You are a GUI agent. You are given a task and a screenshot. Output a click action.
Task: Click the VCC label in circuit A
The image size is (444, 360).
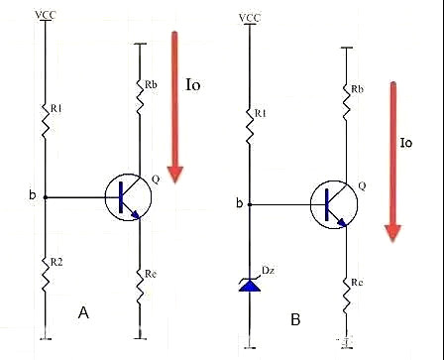(45, 14)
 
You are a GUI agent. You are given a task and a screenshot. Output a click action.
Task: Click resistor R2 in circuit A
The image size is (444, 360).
(45, 270)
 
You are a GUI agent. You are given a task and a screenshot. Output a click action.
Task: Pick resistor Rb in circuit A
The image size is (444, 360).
(140, 92)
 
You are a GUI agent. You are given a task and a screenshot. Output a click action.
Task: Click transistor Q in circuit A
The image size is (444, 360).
(125, 196)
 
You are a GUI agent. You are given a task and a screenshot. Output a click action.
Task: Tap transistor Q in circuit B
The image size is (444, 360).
(331, 203)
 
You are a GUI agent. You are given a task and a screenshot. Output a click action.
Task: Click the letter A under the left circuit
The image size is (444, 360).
(85, 312)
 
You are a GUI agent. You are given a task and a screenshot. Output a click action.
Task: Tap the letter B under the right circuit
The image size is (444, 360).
(295, 319)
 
